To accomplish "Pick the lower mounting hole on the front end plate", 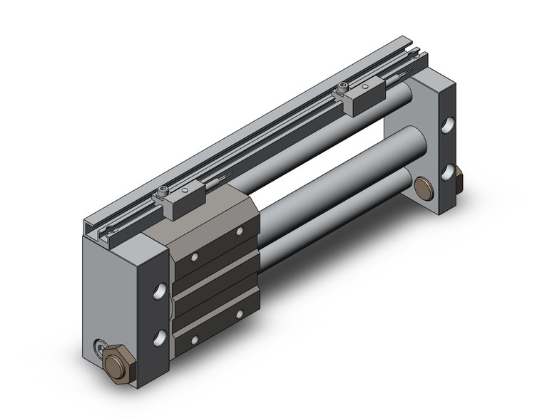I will coord(160,334).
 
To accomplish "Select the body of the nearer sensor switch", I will coord(178,202).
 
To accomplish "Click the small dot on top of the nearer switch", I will coord(185,192).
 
